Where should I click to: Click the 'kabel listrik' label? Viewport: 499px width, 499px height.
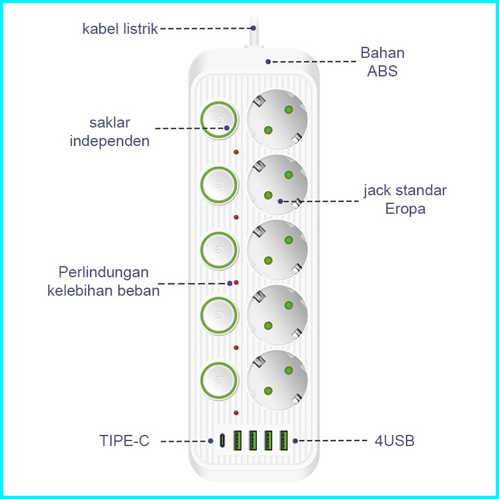point(120,29)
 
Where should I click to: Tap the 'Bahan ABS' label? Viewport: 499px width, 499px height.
point(382,62)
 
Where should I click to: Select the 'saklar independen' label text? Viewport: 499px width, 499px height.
point(110,131)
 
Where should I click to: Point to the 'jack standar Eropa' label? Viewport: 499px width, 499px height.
point(405,199)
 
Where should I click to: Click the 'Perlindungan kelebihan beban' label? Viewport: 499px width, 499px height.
point(103,281)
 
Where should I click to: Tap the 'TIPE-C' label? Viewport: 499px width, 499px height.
point(124,440)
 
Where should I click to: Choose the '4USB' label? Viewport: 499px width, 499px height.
point(394,440)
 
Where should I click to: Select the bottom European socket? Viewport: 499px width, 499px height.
point(277,379)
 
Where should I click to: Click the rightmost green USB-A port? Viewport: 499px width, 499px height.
point(284,441)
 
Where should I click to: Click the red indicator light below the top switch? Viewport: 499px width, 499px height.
point(236,152)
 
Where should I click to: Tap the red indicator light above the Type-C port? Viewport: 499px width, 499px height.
point(236,412)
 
